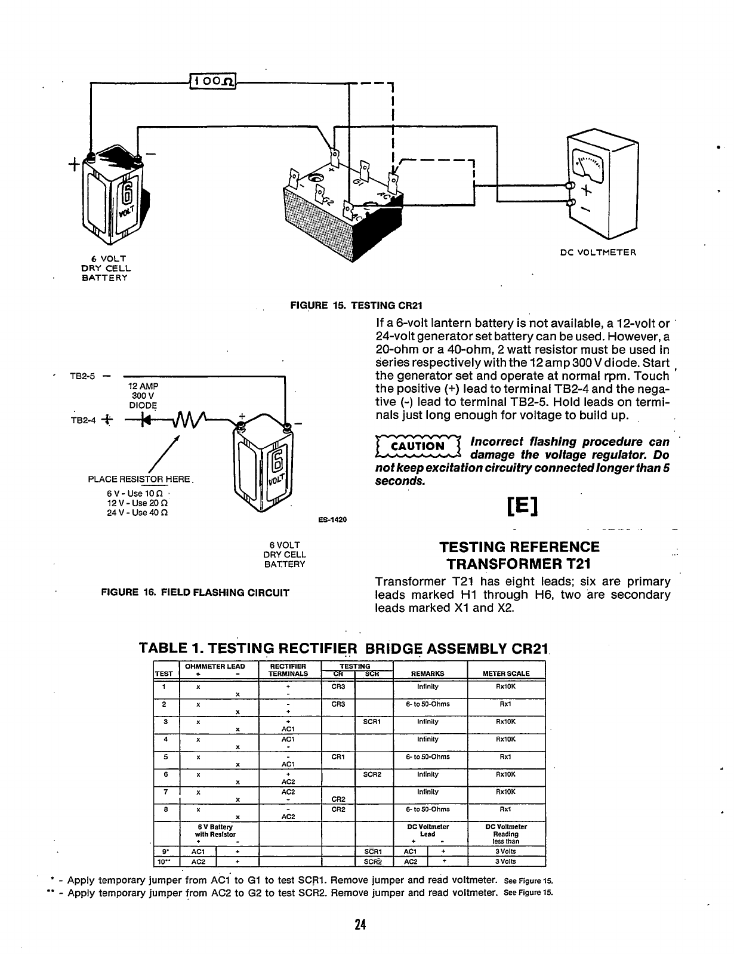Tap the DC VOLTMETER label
[x=598, y=252]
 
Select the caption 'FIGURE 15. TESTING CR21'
[x=356, y=306]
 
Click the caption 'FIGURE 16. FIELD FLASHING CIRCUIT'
[x=196, y=593]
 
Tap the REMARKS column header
[x=428, y=673]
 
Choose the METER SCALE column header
[x=505, y=673]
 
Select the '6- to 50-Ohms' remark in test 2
[x=428, y=704]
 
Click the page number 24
[x=359, y=925]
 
